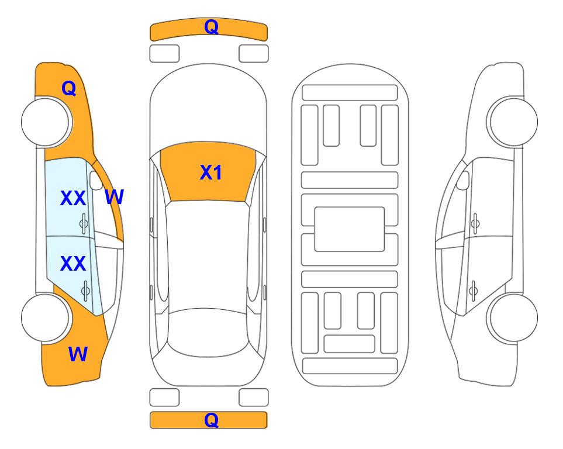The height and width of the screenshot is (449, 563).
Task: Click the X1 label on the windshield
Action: (211, 172)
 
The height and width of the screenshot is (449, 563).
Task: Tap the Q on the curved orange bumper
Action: (211, 26)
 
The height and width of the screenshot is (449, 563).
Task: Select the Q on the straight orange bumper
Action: (211, 420)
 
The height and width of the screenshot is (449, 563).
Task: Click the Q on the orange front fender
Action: (68, 88)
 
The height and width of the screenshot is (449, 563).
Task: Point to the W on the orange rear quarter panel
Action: (78, 354)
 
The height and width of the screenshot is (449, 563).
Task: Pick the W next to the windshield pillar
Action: (114, 196)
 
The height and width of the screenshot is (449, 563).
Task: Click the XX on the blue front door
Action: (73, 198)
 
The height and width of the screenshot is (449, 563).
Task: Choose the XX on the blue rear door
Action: (73, 264)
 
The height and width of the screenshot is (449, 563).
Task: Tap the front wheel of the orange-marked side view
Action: (45, 122)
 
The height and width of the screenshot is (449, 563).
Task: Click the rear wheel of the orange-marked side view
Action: (45, 317)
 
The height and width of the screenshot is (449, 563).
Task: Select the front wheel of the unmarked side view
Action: (513, 122)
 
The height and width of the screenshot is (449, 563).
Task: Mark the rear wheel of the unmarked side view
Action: (513, 317)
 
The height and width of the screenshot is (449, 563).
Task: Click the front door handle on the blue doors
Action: (84, 223)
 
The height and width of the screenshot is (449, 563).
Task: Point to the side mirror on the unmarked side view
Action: (463, 180)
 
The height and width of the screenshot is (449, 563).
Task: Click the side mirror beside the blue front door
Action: (96, 180)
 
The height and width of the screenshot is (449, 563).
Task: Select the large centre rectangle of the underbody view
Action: (350, 229)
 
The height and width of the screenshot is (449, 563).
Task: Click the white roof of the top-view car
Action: (208, 255)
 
